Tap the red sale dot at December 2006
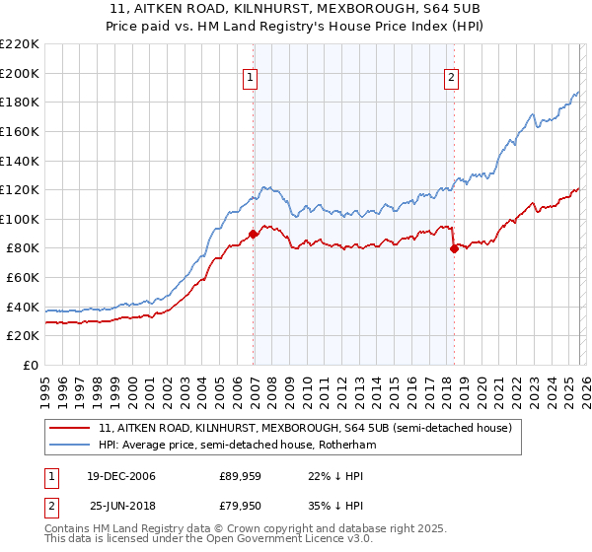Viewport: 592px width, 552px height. tap(254, 234)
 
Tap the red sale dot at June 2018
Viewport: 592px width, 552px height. tap(454, 248)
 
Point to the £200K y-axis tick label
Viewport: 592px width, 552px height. tap(20, 73)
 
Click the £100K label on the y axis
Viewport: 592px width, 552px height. tap(20, 219)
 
